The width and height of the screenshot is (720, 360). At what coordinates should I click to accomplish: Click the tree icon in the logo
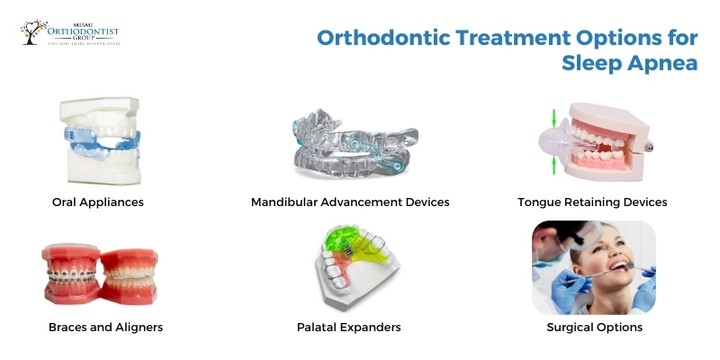click(31, 31)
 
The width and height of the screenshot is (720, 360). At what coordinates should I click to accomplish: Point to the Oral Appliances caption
click(97, 202)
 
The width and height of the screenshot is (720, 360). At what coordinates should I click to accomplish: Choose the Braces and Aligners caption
click(105, 327)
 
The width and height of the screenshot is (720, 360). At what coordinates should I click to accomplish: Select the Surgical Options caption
click(594, 327)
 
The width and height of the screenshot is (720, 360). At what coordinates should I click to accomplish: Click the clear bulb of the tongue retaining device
click(546, 141)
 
